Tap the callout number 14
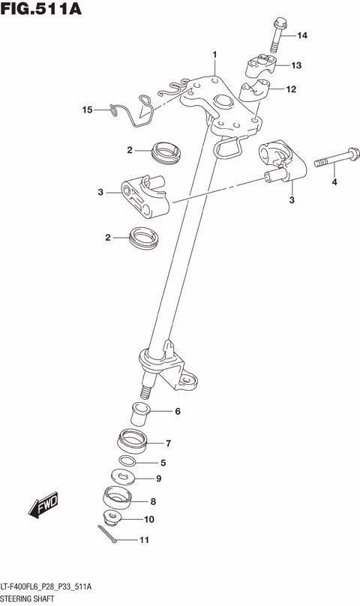point(302,36)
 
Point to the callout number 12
point(292,90)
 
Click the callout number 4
point(334,181)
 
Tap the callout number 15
point(87,110)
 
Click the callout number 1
point(214,54)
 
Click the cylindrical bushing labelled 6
point(140,411)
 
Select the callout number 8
point(153,502)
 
